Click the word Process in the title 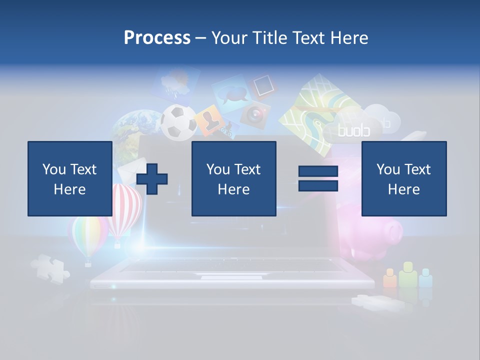(157, 37)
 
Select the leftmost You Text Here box (69, 178)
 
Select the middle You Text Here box (233, 178)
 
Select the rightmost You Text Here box (403, 178)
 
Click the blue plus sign (152, 178)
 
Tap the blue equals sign (318, 178)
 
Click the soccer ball (178, 121)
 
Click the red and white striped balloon (119, 210)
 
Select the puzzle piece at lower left (49, 267)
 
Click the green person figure (408, 274)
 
